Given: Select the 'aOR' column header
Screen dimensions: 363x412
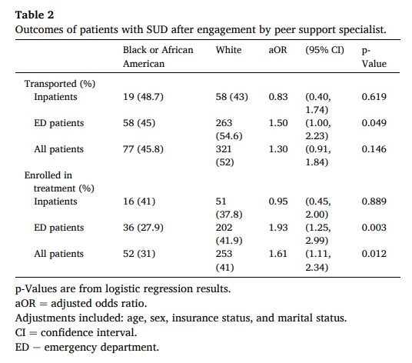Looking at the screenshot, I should click(277, 50).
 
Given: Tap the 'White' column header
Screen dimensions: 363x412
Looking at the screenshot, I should click(229, 50).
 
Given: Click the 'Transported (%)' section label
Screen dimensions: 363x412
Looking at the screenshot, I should click(60, 83).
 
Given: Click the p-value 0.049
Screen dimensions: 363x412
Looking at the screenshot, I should click(374, 122).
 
